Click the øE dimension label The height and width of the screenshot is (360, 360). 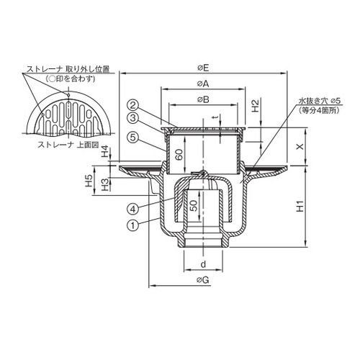coord(203,68)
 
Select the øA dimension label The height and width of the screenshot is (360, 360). coord(203,84)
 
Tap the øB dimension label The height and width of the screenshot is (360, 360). coord(203,99)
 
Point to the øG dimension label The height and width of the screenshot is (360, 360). coord(203,280)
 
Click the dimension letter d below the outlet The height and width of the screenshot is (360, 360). coord(203,264)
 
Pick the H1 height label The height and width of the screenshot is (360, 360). coord(300,207)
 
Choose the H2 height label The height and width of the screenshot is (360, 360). coord(256,106)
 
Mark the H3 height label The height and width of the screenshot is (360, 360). coord(105,185)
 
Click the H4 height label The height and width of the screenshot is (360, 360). coord(105,151)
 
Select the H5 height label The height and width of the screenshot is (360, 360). coord(89,181)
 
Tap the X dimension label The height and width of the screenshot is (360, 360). coord(300,147)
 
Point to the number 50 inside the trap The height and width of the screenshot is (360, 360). coord(194,206)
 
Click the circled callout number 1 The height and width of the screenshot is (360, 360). coord(132,225)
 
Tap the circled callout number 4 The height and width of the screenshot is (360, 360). coord(132,209)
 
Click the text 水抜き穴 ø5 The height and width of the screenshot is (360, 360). coord(319,101)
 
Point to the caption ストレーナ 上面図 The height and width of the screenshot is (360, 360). coord(68,145)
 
